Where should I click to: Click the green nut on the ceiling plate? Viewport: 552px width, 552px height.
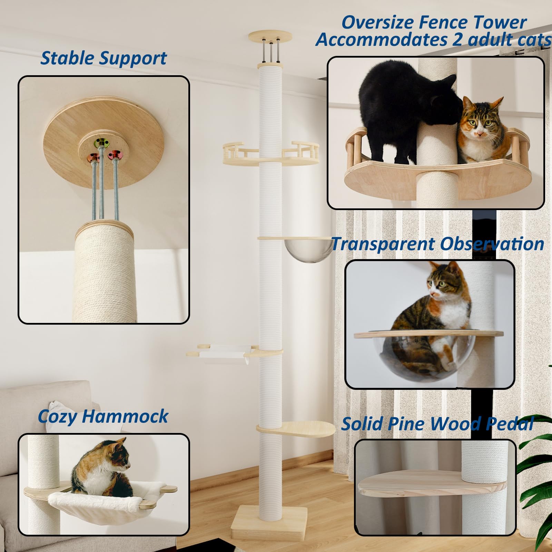[x=101, y=142]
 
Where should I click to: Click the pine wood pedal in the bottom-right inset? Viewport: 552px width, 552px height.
[x=414, y=485]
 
